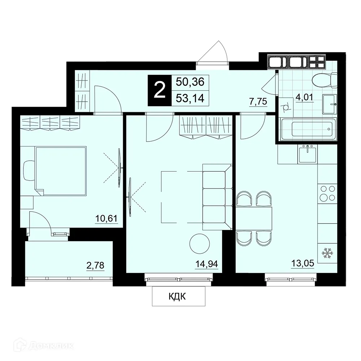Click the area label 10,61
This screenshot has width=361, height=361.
tap(106, 218)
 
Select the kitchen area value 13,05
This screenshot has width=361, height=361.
tap(303, 263)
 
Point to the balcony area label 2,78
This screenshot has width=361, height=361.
tap(95, 265)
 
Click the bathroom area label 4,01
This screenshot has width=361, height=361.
tap(304, 97)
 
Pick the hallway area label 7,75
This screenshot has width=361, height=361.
tap(258, 101)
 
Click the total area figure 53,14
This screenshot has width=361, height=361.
tap(190, 98)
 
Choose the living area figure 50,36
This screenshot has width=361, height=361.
tap(190, 82)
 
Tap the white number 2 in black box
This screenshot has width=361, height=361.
tap(160, 91)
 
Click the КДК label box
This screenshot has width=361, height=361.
tap(178, 296)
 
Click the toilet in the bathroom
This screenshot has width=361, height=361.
tap(325, 80)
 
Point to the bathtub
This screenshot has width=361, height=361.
tap(308, 129)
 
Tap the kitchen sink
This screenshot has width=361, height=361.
tap(307, 154)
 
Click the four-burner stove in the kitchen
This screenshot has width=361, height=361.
tap(327, 193)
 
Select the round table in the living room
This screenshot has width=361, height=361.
tap(200, 244)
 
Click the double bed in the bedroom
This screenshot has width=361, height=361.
tap(60, 171)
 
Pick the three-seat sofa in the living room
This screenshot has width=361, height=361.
tap(217, 197)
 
